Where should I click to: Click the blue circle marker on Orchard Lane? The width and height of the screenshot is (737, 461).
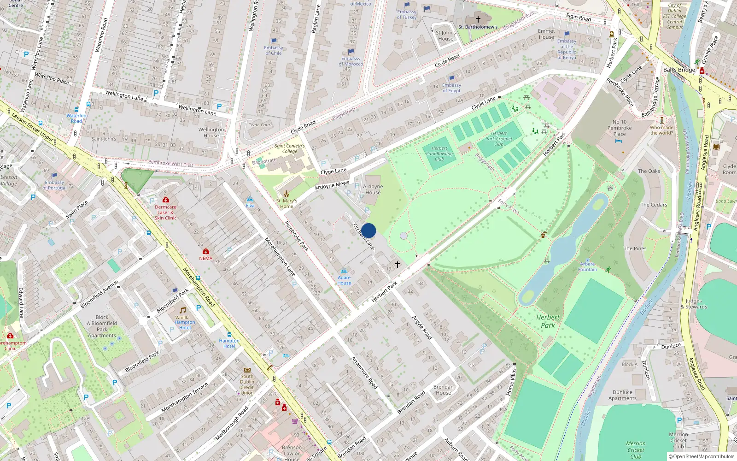368,230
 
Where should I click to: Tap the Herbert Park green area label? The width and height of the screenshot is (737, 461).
548,321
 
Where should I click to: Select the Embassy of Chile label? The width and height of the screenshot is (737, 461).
273,50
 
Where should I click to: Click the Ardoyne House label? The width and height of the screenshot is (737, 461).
373,189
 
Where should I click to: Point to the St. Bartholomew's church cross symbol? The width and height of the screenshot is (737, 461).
478,19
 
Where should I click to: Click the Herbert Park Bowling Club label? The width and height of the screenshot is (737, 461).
439,154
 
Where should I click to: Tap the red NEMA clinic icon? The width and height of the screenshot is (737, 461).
206,251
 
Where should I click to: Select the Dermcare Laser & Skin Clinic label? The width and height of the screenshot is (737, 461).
165,213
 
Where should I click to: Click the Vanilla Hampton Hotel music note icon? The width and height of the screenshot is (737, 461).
182,310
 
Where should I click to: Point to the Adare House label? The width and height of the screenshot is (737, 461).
344,280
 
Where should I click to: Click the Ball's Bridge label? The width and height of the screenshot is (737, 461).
679,70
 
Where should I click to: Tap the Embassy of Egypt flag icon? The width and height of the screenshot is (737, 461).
451,78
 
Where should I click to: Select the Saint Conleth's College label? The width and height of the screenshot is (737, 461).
289,148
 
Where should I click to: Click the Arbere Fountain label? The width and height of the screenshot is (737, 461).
587,267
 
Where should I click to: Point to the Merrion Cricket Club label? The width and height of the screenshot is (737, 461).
636,450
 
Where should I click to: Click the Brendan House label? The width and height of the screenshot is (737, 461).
443,390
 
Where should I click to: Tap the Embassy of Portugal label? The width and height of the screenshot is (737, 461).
54,185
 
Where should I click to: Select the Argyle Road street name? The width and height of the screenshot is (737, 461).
422,328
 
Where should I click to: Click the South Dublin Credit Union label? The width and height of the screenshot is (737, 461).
247,384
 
